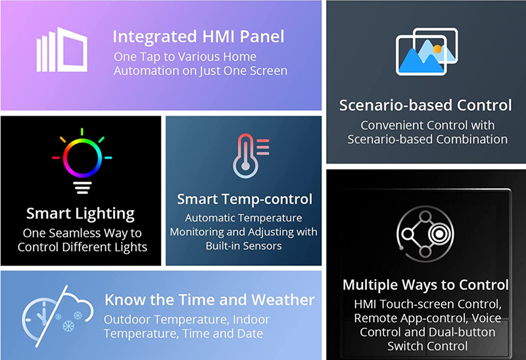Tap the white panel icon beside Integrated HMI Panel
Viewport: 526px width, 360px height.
62,51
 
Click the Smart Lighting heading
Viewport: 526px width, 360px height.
80,214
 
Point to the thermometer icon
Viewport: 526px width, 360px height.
249,155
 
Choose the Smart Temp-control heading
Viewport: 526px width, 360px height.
244,198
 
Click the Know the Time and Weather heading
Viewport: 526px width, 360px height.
209,300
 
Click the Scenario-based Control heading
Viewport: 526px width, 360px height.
425,105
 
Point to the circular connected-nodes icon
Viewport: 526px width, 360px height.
425,235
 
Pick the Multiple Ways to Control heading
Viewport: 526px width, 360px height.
425,285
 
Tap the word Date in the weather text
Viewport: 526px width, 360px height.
251,334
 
